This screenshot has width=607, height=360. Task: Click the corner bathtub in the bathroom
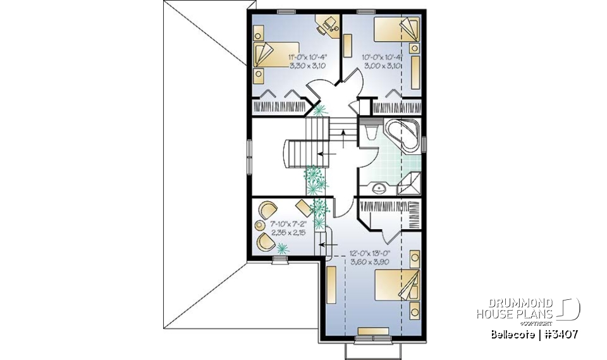click(x=402, y=135)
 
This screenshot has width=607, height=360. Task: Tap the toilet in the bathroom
click(x=372, y=132)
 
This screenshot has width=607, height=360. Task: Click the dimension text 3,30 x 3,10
click(x=307, y=65)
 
